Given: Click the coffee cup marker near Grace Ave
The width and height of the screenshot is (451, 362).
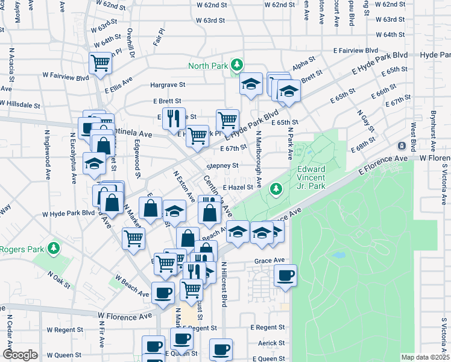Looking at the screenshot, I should [x=285, y=276].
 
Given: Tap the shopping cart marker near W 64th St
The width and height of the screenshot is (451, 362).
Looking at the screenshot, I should [x=100, y=62].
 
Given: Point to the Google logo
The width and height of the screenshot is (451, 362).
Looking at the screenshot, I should [x=20, y=355].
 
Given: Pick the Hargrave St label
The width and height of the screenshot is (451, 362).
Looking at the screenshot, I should [x=171, y=86].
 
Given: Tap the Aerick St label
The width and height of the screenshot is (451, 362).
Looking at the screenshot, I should [x=271, y=343].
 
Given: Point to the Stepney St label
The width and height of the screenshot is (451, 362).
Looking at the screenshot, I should [x=222, y=165].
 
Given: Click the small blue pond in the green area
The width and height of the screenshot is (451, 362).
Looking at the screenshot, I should [x=338, y=255].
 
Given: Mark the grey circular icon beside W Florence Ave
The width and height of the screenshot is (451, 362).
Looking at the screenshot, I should [x=402, y=146].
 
